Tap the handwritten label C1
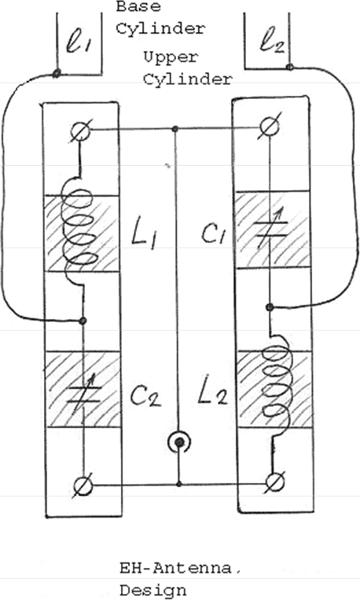pyautogui.click(x=213, y=233)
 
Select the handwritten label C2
pyautogui.click(x=145, y=395)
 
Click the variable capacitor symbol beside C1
pyautogui.click(x=271, y=228)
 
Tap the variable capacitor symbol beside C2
pyautogui.click(x=83, y=395)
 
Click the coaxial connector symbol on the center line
pyautogui.click(x=179, y=443)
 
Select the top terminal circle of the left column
pyautogui.click(x=81, y=131)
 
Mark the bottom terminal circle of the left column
pyautogui.click(x=83, y=486)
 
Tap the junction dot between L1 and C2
pyautogui.click(x=83, y=321)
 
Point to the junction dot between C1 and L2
pyautogui.click(x=270, y=307)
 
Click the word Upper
pyautogui.click(x=171, y=58)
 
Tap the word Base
pyautogui.click(x=138, y=6)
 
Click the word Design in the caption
pyautogui.click(x=153, y=590)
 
